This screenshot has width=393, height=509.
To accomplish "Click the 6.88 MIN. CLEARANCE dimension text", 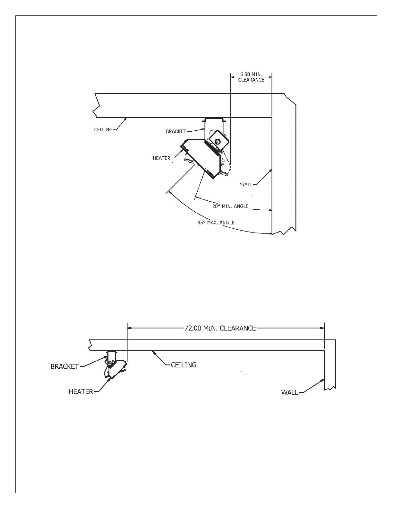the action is [251, 77].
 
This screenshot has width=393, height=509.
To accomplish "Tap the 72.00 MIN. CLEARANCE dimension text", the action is [220, 328].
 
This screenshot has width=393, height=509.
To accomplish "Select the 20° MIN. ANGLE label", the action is [230, 206].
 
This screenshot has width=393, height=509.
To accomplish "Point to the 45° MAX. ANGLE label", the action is [216, 222].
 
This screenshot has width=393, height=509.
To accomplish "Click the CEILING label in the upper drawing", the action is [103, 129].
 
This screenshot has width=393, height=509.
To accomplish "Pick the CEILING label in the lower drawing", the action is [184, 365].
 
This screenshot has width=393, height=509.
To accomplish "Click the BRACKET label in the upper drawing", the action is [176, 132].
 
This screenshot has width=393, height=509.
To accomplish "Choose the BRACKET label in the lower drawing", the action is [64, 366].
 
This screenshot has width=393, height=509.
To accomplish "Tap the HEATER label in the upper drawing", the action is [161, 158].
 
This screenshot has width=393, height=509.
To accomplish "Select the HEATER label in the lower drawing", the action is [81, 392].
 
